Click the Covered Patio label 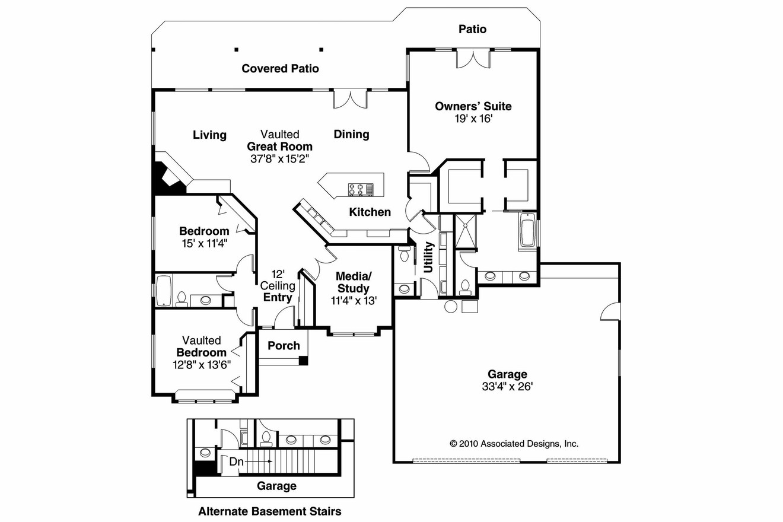280,69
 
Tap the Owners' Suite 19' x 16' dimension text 473,119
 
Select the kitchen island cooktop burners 356,189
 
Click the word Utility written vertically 428,256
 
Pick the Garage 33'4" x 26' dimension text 507,387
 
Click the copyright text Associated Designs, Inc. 514,443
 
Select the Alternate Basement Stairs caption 269,511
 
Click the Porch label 284,346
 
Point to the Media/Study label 354,282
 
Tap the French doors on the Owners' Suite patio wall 473,58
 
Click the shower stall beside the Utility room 465,231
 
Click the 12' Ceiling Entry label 278,286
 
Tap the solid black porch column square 303,360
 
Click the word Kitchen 370,212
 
